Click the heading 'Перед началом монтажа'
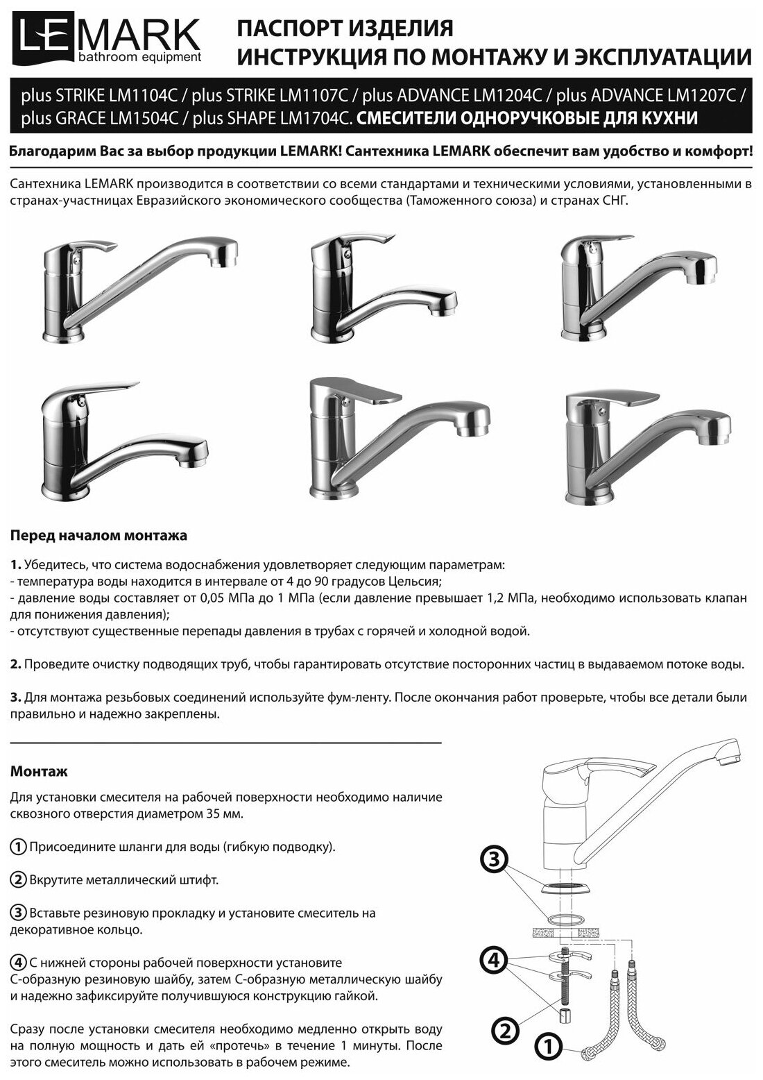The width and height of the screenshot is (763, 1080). click(x=98, y=536)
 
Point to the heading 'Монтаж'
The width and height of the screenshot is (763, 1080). click(x=39, y=771)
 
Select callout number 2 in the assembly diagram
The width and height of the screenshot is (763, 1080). click(x=506, y=1029)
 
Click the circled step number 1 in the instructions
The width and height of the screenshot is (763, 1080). click(x=19, y=847)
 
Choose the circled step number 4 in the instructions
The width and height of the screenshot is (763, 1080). click(x=19, y=963)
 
